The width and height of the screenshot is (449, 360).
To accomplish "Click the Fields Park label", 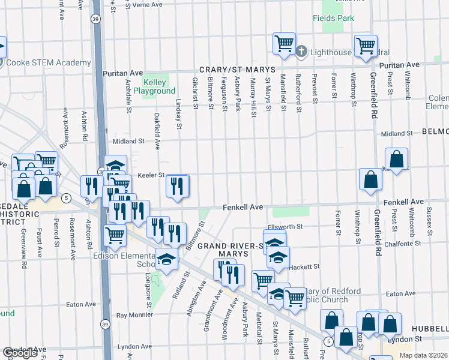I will [333, 18].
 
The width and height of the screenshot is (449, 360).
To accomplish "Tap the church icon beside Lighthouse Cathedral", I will [303, 52].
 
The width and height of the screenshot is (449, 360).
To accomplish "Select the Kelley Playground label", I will [154, 86].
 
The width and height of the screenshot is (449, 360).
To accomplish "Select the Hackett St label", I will [305, 266].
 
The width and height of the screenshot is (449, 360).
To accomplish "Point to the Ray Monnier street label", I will [136, 314].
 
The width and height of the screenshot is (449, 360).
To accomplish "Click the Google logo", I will [20, 353].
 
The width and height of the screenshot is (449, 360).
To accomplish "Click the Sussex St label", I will [429, 220].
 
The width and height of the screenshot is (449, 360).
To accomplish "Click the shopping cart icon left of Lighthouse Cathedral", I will [284, 43].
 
